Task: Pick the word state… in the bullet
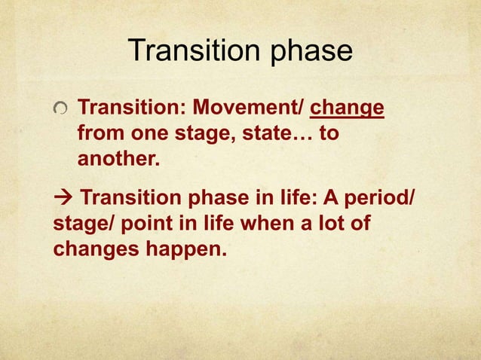pos(273,135)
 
